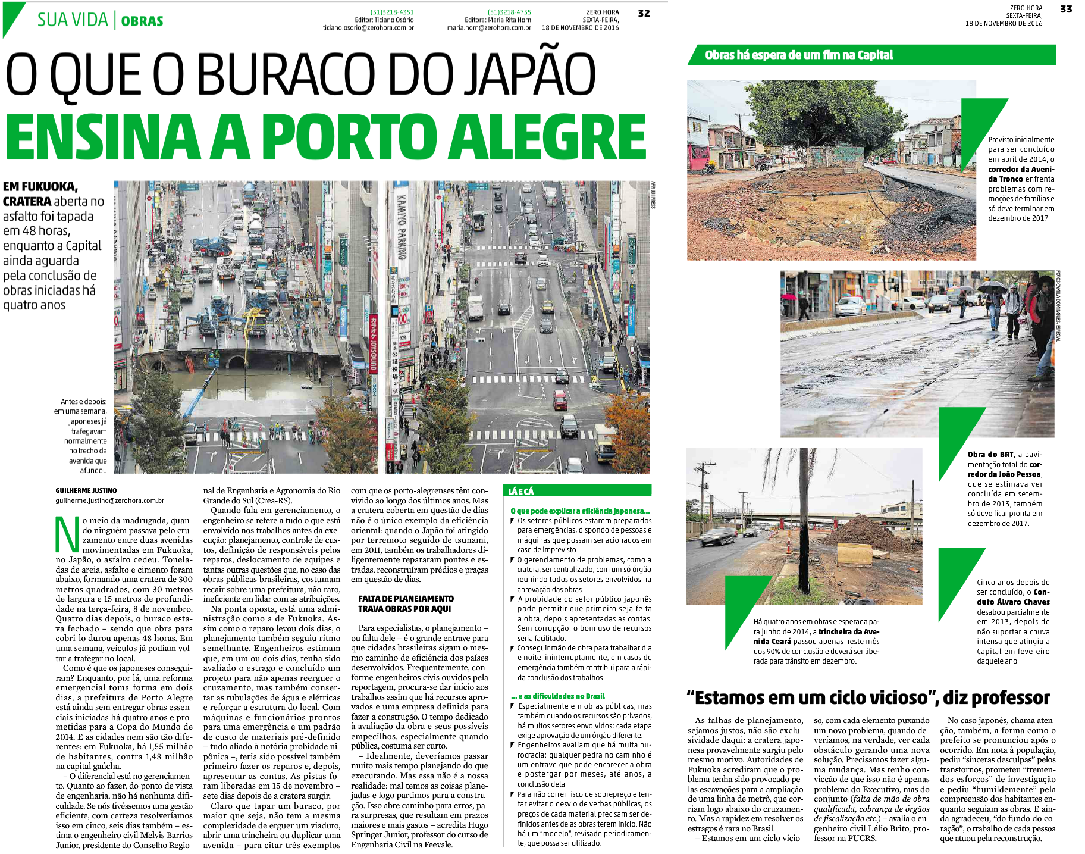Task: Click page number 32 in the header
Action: pos(644,13)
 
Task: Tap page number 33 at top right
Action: pos(1067,9)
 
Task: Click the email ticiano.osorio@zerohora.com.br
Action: pos(368,28)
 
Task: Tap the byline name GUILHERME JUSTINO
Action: pos(86,490)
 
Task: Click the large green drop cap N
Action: pos(67,534)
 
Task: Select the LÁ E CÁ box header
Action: pos(521,491)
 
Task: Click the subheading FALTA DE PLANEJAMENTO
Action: pos(406,599)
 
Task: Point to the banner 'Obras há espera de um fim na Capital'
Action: pos(799,55)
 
